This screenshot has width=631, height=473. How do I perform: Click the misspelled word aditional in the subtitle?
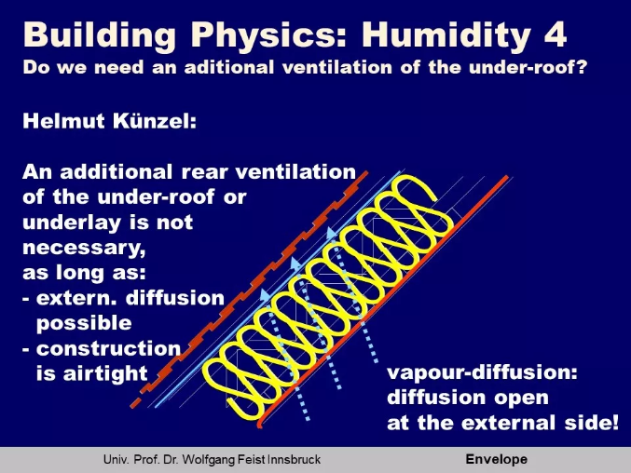(229, 67)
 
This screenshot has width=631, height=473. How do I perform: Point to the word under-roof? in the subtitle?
(528, 67)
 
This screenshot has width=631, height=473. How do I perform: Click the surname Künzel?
(155, 121)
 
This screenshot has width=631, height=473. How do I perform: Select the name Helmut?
(63, 121)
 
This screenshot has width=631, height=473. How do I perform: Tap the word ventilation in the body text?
(295, 172)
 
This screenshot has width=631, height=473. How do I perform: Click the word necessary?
(84, 248)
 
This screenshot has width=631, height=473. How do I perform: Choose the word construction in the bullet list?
(108, 348)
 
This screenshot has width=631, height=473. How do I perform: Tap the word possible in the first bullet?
(84, 323)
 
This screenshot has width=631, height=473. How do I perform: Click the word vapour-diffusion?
(482, 373)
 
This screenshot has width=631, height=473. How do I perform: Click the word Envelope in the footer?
(496, 459)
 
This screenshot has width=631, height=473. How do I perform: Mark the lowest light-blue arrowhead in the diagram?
(266, 295)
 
